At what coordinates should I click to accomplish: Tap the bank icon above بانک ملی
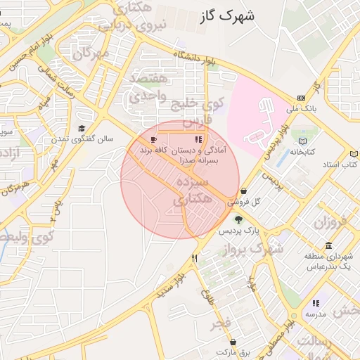point(302,98)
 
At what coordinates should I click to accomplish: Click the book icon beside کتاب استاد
point(354,153)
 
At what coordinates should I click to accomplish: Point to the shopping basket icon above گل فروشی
point(243,191)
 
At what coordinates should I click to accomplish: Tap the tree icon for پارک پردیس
point(238,219)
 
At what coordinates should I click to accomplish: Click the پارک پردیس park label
point(238,231)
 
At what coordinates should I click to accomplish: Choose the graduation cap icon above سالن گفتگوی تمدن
point(82,129)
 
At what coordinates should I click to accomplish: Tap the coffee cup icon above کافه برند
point(154,139)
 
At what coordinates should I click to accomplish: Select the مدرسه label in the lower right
point(314,314)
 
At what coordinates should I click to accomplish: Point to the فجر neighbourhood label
point(223,321)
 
